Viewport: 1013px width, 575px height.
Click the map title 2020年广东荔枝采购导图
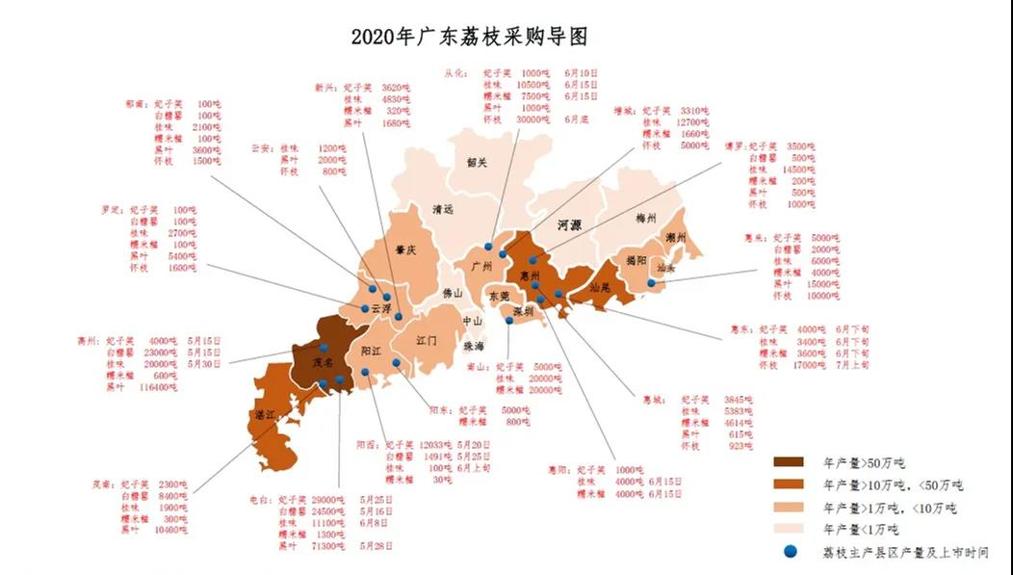coord(469,38)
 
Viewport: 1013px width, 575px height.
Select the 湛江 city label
coord(264,414)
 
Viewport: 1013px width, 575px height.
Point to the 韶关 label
coord(477,163)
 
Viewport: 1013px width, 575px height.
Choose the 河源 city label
coord(569,224)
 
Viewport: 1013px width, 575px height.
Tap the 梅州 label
coord(646,219)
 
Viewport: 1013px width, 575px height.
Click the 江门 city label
coord(427,341)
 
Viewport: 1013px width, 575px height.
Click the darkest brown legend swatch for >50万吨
coord(792,463)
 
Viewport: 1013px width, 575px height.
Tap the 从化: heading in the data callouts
coord(455,72)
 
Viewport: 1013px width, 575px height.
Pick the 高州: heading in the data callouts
coord(89,341)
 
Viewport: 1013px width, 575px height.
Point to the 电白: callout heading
coord(261,500)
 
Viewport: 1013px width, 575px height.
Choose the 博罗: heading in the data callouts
coord(735,146)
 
